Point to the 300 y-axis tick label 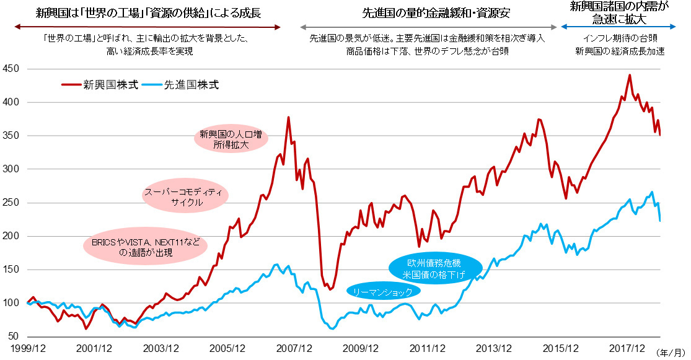11,169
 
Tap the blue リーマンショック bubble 382,291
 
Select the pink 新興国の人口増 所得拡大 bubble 231,139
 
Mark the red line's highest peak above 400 630,75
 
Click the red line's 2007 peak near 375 288,117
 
